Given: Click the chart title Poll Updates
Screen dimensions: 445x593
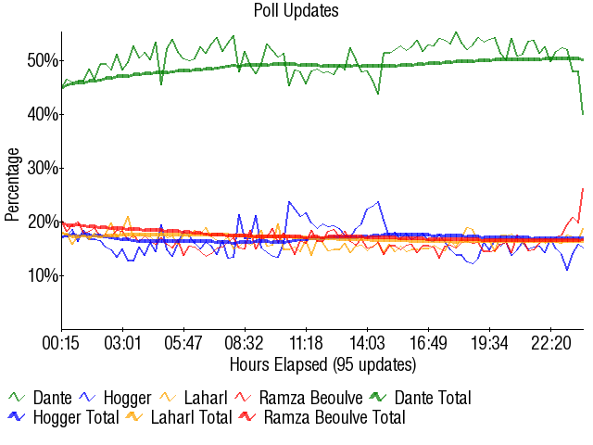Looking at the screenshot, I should [x=296, y=11].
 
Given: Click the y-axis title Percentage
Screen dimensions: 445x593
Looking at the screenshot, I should [x=12, y=184].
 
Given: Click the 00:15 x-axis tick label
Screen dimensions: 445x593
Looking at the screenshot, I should [x=61, y=343].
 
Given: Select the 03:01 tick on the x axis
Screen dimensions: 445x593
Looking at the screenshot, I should [x=122, y=343].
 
